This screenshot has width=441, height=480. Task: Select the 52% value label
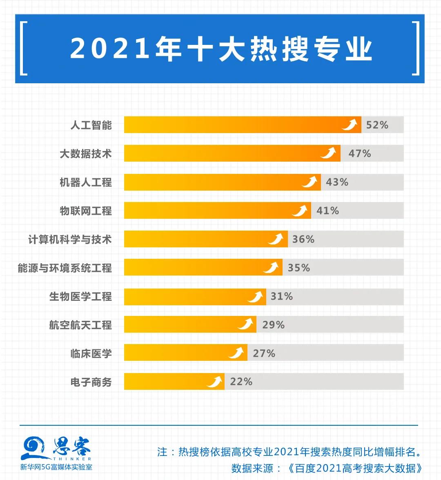(x=377, y=125)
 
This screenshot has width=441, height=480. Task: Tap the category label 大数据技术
(x=85, y=154)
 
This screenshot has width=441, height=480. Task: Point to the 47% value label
(x=359, y=153)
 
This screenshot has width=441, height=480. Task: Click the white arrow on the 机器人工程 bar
(x=310, y=182)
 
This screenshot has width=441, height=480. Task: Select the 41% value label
(x=327, y=211)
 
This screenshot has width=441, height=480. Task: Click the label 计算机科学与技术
(x=69, y=239)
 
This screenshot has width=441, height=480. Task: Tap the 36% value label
(x=303, y=239)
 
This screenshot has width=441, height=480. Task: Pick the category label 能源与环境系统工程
(x=65, y=268)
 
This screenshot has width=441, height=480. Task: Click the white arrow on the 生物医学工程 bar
(x=256, y=296)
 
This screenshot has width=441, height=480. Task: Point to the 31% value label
(x=282, y=296)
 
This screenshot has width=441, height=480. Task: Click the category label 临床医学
(x=91, y=353)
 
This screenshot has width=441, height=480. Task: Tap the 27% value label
(x=264, y=353)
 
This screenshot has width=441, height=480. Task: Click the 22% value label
(x=241, y=382)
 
